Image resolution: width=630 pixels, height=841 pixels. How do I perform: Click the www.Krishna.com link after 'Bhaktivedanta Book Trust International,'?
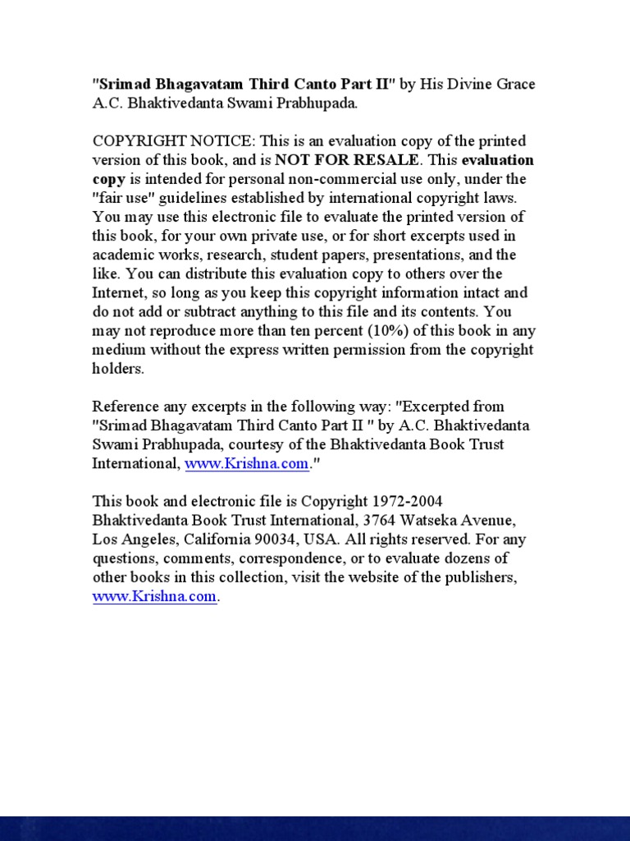click(x=247, y=463)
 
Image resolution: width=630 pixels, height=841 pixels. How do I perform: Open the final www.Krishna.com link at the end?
click(x=155, y=597)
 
